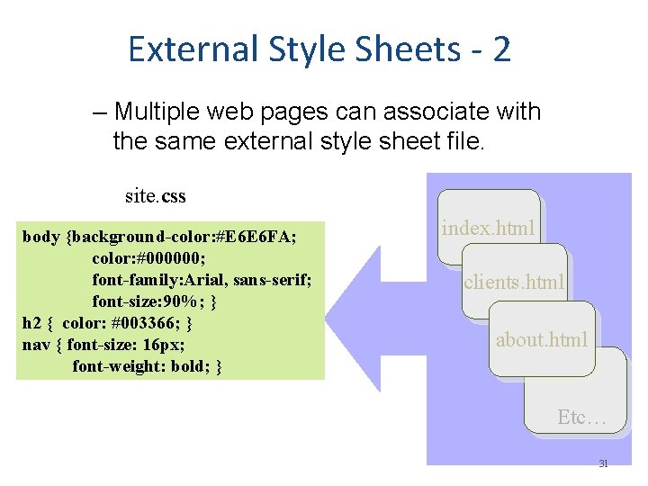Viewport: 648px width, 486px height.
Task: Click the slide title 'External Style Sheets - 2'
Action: [319, 49]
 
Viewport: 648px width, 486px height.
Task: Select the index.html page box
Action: [488, 227]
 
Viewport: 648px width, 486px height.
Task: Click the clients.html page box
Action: [514, 282]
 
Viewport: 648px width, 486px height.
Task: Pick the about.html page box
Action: [541, 339]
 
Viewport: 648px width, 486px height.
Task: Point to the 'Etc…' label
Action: [581, 417]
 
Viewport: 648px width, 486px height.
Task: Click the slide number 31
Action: [603, 464]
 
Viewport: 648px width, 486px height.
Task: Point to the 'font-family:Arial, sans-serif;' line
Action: [202, 280]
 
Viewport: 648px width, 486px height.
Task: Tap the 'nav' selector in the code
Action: [36, 345]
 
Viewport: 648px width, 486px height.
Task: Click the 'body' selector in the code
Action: [40, 238]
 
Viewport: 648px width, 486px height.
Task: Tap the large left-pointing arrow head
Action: [360, 298]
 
